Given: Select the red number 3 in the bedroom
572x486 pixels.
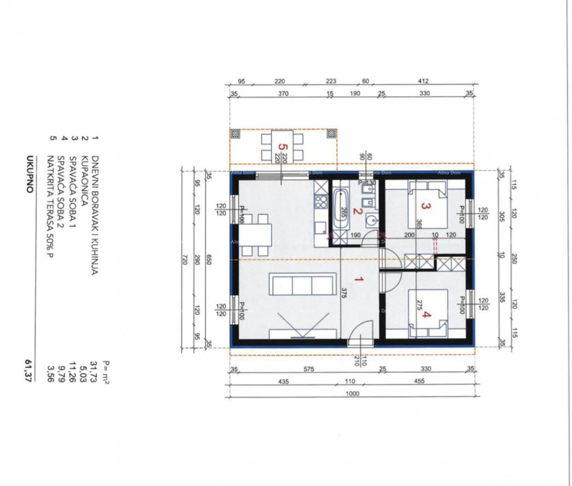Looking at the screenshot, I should click(x=426, y=207).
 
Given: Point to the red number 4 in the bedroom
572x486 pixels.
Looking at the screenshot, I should click(x=427, y=314).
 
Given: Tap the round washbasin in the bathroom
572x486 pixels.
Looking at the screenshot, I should click(x=372, y=220).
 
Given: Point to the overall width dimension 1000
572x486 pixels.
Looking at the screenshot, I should click(x=353, y=394).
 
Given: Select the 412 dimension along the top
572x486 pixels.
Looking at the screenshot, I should click(x=423, y=81).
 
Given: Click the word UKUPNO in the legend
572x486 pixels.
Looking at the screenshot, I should click(x=30, y=174).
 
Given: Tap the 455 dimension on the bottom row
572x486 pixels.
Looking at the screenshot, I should click(x=419, y=382).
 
